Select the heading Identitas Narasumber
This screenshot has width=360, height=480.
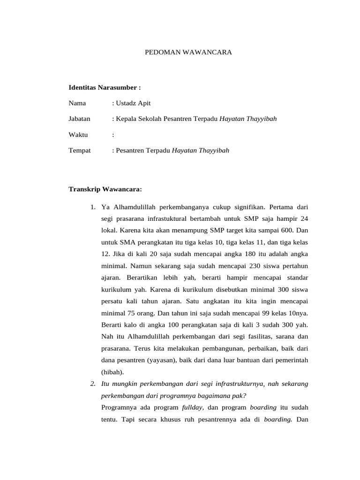[105, 87]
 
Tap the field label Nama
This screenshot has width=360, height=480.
[77, 103]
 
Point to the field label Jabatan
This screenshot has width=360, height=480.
[80, 119]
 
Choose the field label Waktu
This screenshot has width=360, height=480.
[78, 135]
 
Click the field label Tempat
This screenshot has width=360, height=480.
[80, 151]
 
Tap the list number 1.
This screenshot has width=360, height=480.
[93, 207]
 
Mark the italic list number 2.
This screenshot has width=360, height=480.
[93, 384]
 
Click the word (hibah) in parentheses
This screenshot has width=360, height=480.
[111, 372]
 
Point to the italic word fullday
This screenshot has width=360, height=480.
[193, 407]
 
